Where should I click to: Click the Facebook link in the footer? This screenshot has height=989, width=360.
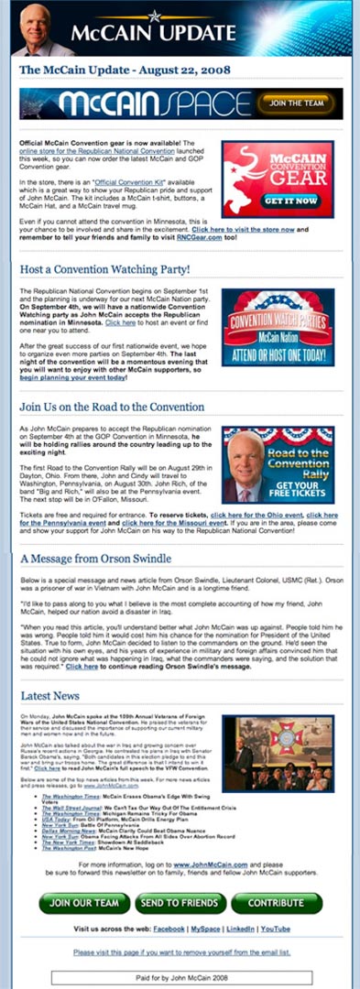click(168, 928)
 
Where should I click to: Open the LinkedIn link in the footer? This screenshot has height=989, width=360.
click(241, 928)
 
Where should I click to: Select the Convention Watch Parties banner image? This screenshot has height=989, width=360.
click(278, 327)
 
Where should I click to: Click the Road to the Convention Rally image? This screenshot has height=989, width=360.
click(278, 464)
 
